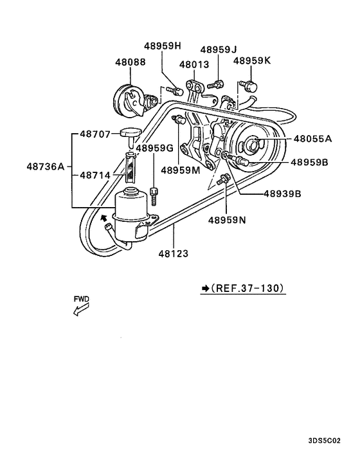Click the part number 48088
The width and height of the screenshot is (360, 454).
click(130, 63)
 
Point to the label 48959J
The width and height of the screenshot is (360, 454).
click(219, 50)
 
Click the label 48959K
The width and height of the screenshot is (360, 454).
click(252, 60)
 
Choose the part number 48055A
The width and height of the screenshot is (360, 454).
click(312, 138)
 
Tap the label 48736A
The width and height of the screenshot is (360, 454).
click(45, 166)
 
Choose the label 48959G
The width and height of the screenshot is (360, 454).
click(154, 148)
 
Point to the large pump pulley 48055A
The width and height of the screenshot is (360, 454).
click(252, 147)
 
